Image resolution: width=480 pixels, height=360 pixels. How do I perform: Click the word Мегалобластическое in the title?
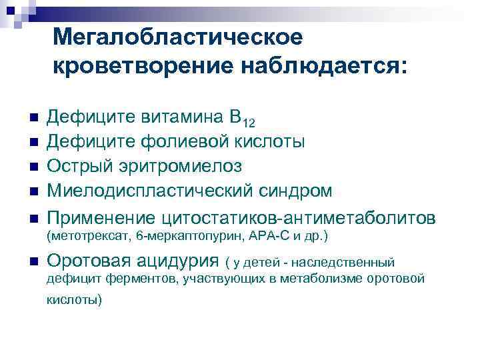pos(177,37)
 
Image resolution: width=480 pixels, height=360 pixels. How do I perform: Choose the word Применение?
pos(103,218)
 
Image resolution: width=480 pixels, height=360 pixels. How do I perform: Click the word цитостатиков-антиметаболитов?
pos(298,218)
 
